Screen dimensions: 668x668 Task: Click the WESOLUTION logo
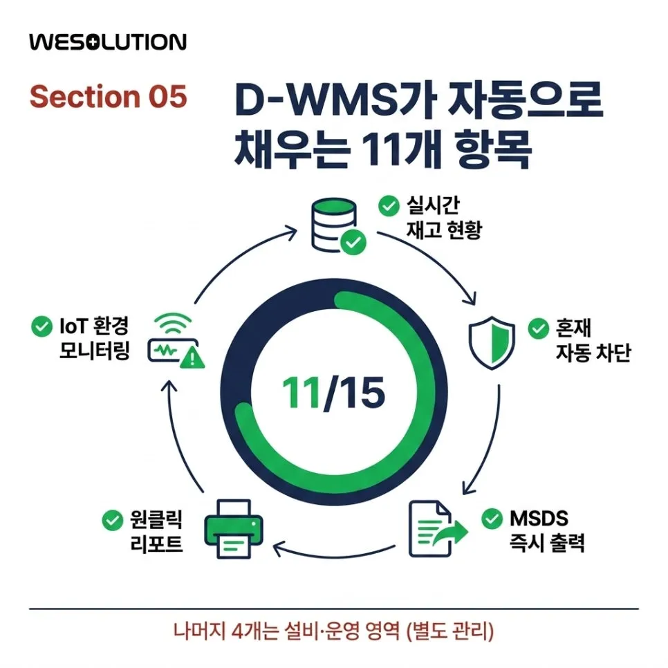108,42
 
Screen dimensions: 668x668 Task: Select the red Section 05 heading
108,96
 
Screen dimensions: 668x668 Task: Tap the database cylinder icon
334,225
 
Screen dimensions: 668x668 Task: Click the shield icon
492,342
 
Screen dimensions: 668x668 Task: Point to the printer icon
234,529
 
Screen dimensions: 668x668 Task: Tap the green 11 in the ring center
301,392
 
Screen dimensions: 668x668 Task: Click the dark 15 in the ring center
362,392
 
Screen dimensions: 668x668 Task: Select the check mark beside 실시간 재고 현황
389,206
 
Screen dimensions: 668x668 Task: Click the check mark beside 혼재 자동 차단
539,328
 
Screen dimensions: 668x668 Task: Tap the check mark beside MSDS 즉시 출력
492,519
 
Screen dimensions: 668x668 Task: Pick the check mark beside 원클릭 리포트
113,520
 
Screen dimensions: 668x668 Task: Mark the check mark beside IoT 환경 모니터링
41,327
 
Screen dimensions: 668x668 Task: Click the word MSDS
539,519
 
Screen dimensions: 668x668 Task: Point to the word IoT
73,326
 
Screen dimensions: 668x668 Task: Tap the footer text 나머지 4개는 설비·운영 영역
286,631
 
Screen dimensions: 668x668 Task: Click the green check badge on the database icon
353,243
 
